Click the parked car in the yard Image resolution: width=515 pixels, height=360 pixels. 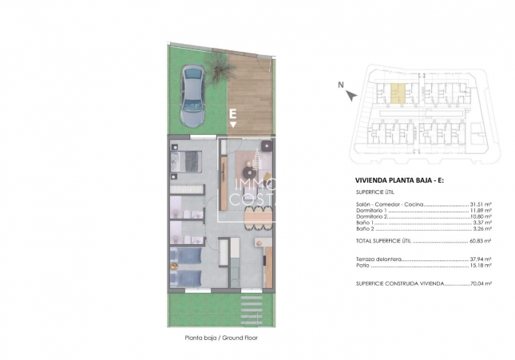pos(192,95)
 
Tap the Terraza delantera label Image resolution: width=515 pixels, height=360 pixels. pos(378,259)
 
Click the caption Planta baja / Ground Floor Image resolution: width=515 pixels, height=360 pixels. pos(221,338)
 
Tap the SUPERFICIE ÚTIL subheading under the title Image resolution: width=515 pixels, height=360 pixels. pos(374,192)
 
